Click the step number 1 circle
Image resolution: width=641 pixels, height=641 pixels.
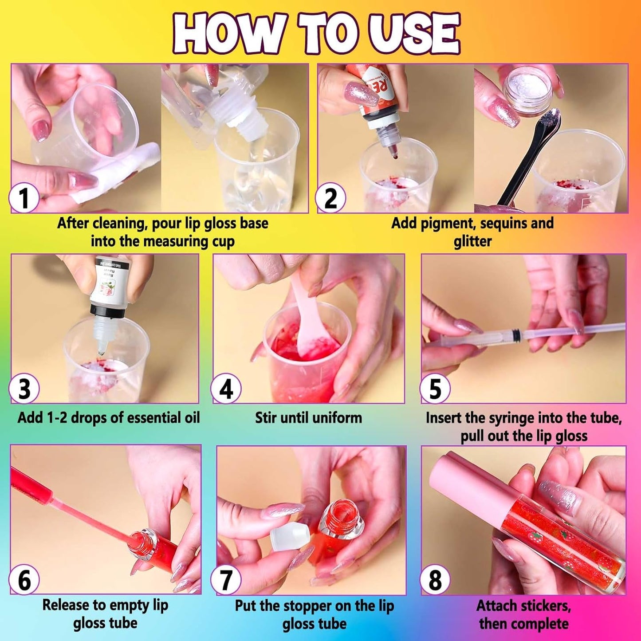pyautogui.click(x=24, y=198)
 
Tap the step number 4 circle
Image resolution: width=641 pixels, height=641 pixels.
pyautogui.click(x=226, y=389)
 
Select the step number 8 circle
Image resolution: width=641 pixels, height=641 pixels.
pyautogui.click(x=435, y=580)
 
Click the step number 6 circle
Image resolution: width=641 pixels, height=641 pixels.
pyautogui.click(x=24, y=580)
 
